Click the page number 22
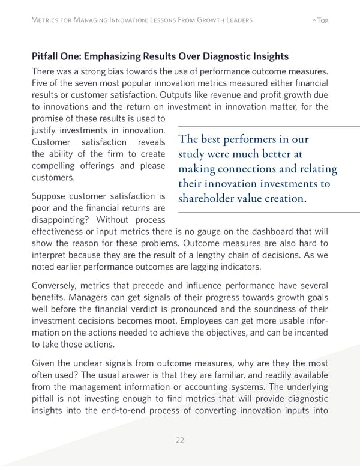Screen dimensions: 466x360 pos(180,440)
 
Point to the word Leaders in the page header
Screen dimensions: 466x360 pos(235,20)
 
